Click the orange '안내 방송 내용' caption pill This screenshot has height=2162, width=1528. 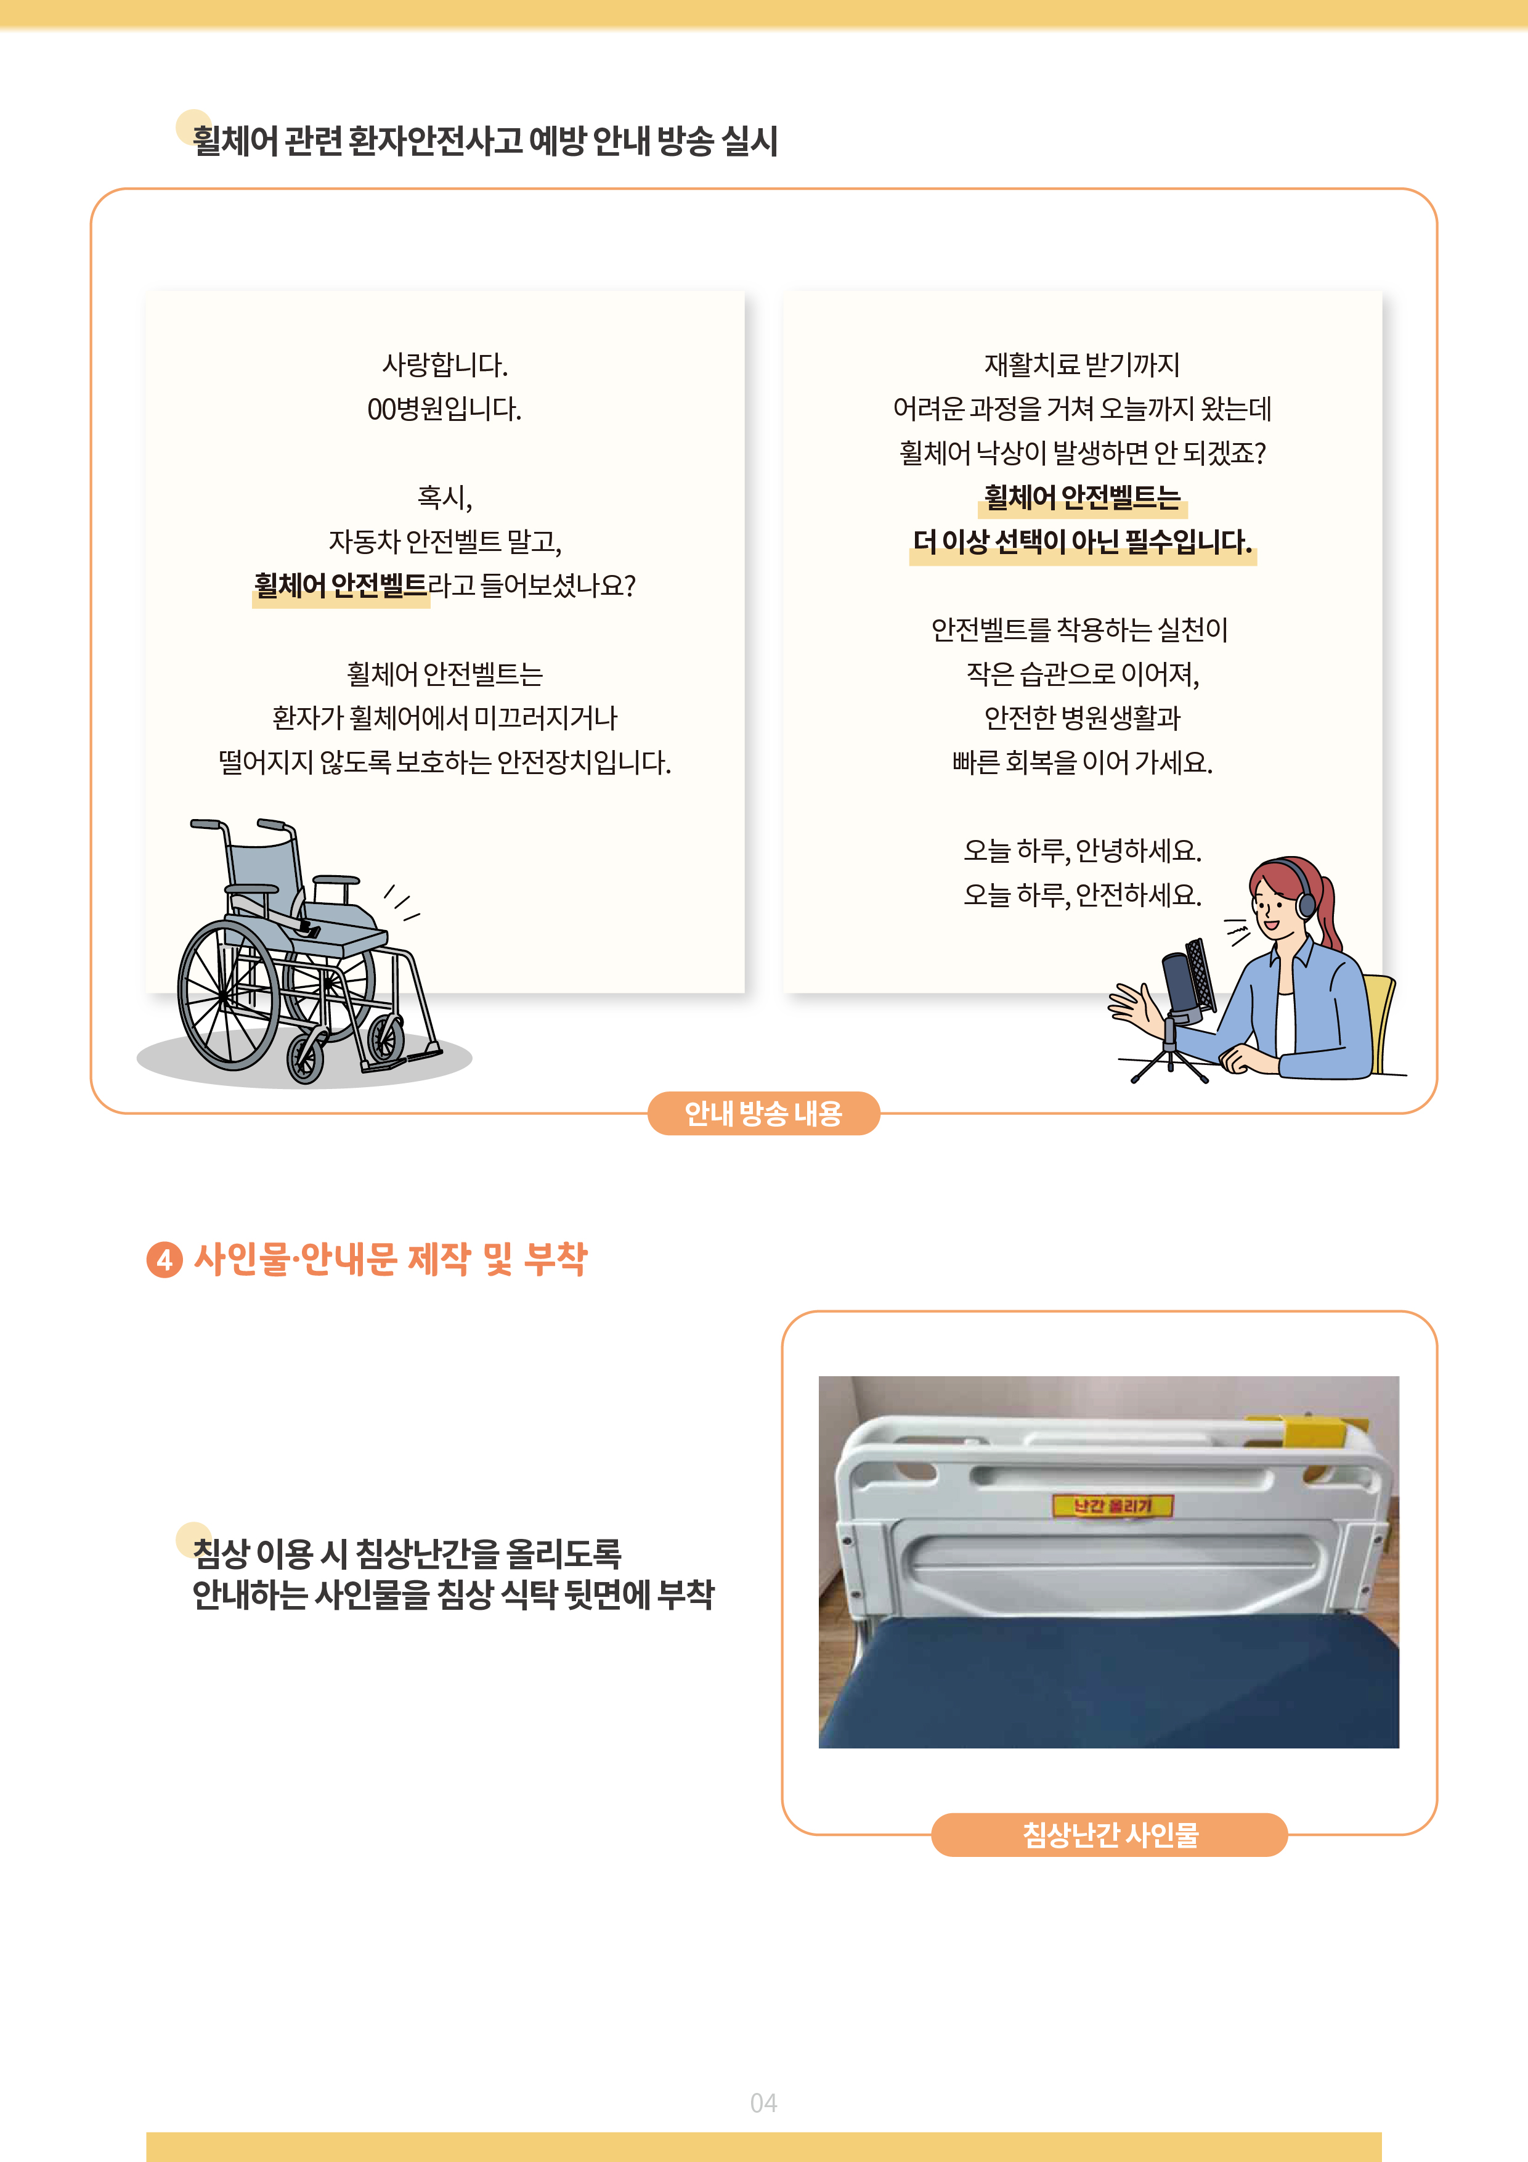(x=763, y=1113)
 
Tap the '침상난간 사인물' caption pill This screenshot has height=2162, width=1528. (x=1109, y=1834)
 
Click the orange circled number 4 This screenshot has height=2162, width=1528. (x=165, y=1260)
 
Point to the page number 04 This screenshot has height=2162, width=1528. (x=763, y=2103)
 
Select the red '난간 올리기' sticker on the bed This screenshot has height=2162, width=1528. (x=1113, y=1506)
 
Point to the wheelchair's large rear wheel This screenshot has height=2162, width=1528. (x=229, y=995)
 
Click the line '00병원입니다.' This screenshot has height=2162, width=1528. (x=444, y=409)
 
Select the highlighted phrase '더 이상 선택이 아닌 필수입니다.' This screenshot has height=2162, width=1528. (x=1083, y=542)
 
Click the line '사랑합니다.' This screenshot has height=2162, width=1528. (x=444, y=364)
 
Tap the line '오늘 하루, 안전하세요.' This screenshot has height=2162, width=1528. (x=1082, y=894)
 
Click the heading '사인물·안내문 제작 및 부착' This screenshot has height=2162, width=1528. (x=391, y=1259)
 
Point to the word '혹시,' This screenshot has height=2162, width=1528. (x=444, y=497)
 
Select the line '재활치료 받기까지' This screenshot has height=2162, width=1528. (x=1082, y=364)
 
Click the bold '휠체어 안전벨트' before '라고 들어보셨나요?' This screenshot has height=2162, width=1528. (x=341, y=585)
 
